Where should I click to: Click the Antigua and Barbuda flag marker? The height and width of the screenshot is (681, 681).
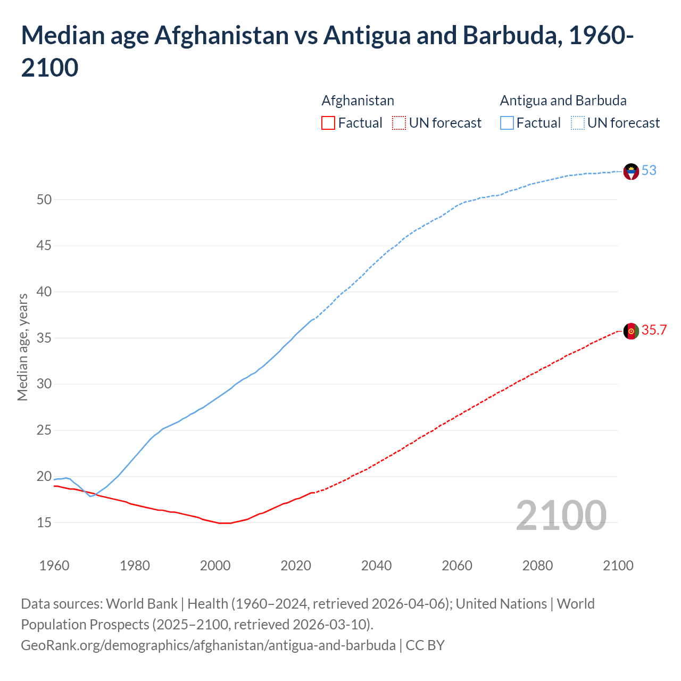point(630,172)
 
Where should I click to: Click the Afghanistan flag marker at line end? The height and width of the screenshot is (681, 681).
point(630,331)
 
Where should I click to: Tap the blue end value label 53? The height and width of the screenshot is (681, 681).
point(649,171)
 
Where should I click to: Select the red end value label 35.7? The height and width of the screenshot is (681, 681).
point(654,330)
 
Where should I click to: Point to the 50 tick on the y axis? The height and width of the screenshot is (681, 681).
point(44,200)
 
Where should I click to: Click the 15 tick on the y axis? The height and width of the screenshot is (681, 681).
point(44,523)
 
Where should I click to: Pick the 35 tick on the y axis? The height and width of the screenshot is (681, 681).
point(44,338)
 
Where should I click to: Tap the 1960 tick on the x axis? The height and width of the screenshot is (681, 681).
point(54,566)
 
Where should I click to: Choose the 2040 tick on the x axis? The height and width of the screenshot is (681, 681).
point(376,566)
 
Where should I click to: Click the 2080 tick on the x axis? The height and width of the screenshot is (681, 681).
point(537,566)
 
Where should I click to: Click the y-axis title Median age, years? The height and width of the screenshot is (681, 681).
point(22,346)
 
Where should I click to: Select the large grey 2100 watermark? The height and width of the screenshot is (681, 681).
point(561,516)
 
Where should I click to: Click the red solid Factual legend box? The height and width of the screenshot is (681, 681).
point(328,123)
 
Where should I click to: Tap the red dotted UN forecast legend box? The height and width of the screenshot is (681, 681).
point(399,123)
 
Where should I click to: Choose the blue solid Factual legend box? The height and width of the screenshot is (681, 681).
point(507,123)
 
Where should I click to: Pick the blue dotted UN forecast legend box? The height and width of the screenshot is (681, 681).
point(577,123)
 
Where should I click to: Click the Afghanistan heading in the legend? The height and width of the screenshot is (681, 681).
point(358,101)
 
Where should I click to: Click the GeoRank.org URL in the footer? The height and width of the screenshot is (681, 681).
point(208,645)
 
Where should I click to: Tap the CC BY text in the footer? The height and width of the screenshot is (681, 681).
point(425,645)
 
